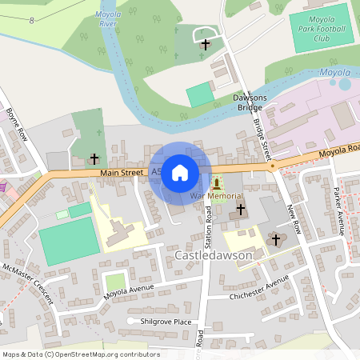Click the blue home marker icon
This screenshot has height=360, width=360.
tap(180, 172)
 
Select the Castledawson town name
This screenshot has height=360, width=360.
tap(212, 255)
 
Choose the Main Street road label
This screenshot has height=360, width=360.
tap(122, 172)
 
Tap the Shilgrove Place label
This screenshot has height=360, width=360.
tap(165, 321)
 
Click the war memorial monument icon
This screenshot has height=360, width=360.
tap(217, 184)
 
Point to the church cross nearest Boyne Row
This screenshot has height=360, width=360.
tap(94, 159)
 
